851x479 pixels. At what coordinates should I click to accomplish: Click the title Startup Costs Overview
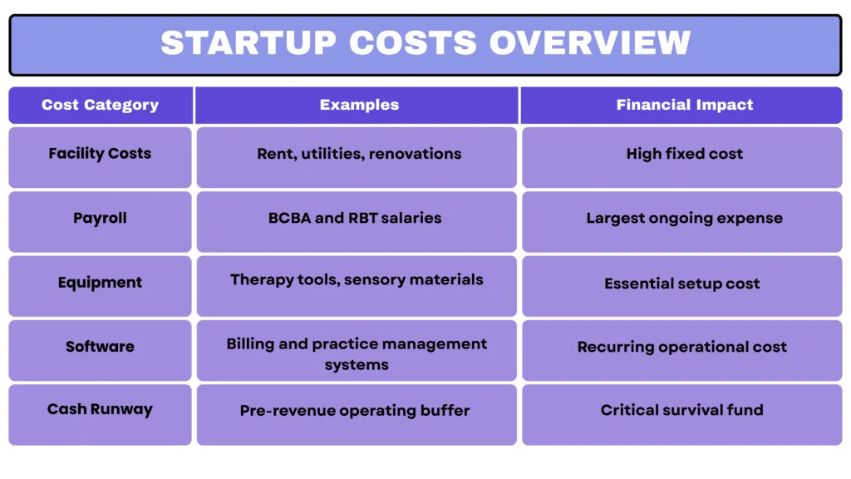pyautogui.click(x=425, y=43)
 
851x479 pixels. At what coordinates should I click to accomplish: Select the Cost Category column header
pyautogui.click(x=100, y=105)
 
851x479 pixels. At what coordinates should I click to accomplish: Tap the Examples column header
pyautogui.click(x=359, y=105)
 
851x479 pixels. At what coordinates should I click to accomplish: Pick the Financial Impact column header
pyautogui.click(x=684, y=105)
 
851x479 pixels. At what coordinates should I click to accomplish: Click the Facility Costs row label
pyautogui.click(x=100, y=154)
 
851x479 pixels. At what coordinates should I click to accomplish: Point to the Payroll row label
pyautogui.click(x=100, y=219)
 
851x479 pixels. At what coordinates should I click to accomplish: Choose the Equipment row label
pyautogui.click(x=100, y=283)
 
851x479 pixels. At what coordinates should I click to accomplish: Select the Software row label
pyautogui.click(x=100, y=347)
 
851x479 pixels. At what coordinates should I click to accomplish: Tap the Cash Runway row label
pyautogui.click(x=100, y=410)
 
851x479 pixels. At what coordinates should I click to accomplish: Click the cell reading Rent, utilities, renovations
pyautogui.click(x=359, y=154)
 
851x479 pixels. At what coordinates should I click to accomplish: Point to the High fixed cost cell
pyautogui.click(x=684, y=154)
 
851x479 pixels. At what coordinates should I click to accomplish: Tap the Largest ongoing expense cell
pyautogui.click(x=684, y=219)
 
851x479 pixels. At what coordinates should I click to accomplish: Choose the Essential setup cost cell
pyautogui.click(x=681, y=284)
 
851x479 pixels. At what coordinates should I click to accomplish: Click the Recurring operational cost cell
pyautogui.click(x=681, y=347)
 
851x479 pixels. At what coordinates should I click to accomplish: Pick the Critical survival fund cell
pyautogui.click(x=681, y=410)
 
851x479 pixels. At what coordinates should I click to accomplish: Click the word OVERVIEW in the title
pyautogui.click(x=590, y=43)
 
